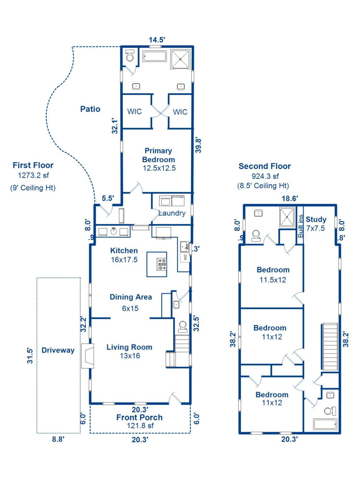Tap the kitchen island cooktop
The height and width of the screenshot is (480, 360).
tap(162, 264)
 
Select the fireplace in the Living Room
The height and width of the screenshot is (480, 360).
tap(87, 356)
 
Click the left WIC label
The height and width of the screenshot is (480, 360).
tap(134, 112)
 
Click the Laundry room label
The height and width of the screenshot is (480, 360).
tap(172, 213)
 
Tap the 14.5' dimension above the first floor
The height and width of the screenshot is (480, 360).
tap(157, 40)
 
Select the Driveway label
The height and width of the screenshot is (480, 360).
tap(58, 350)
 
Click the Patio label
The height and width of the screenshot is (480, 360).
tap(90, 109)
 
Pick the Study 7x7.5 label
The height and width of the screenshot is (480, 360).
tap(316, 224)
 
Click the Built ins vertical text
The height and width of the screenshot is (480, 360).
tap(301, 226)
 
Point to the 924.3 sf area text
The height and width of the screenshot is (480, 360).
tap(265, 176)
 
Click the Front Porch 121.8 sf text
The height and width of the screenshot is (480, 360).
tap(140, 421)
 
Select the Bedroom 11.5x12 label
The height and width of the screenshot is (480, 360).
tap(273, 274)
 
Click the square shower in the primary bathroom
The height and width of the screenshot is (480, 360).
tap(181, 59)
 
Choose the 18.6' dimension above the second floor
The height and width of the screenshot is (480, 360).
tap(290, 199)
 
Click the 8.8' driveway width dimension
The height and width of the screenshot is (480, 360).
tap(58, 439)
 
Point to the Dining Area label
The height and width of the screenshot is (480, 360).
tap(130, 297)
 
